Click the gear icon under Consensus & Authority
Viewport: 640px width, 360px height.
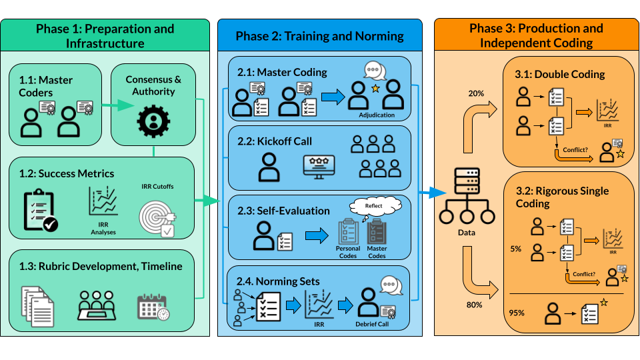coord(153,124)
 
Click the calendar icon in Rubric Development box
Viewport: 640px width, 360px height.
coord(153,307)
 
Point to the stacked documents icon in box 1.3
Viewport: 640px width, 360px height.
coord(37,306)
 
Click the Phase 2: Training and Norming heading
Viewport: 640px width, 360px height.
coord(319,36)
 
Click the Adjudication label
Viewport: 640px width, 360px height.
coord(377,115)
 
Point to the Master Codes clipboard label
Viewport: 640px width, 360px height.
coord(377,252)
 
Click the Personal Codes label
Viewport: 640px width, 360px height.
coord(347,252)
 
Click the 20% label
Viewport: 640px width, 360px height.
coord(476,93)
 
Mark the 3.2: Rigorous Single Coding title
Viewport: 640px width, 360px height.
coord(563,197)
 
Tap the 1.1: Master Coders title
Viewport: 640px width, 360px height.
coord(45,86)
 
